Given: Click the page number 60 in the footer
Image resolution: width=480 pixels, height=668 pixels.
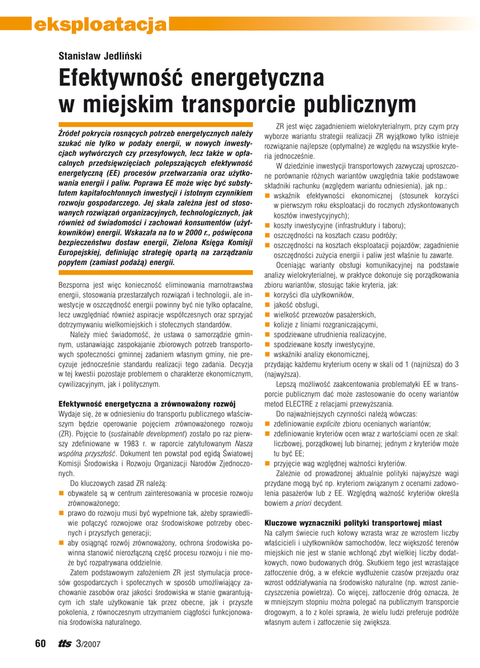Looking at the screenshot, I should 40,644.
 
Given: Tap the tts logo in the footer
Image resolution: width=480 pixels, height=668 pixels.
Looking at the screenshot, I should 64,644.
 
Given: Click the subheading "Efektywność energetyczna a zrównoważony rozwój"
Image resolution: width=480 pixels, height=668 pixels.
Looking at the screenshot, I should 147,403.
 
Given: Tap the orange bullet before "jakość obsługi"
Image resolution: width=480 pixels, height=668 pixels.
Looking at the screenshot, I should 267,304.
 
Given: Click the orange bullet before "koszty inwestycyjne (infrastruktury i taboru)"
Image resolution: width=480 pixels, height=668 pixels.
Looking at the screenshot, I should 267,225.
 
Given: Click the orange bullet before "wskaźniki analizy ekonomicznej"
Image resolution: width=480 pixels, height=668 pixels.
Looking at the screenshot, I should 267,354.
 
